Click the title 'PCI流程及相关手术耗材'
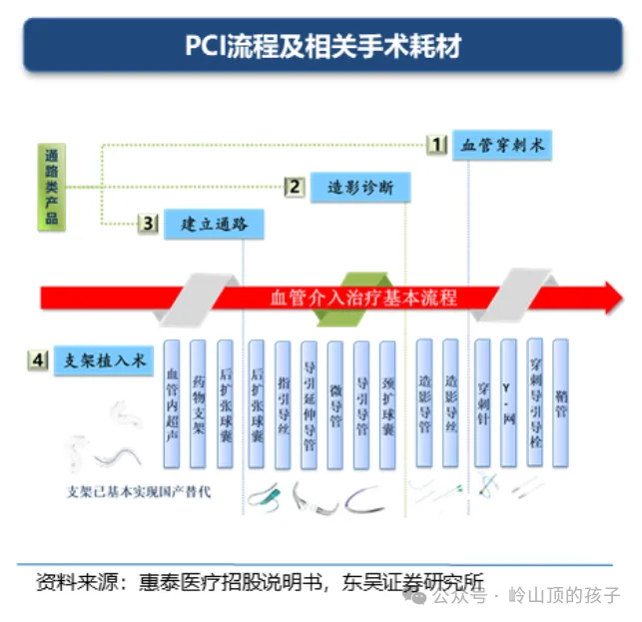coord(321,46)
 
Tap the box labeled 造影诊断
coord(360,186)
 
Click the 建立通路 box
coord(215,224)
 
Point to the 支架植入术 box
coord(105,360)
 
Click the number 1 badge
coord(436,145)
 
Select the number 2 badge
coord(295,186)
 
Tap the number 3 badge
coord(148,225)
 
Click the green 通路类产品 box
coord(52,186)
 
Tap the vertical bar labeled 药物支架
coord(199,403)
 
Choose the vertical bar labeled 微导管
coord(335,403)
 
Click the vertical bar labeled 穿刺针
coord(483,403)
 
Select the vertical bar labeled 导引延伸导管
coord(310,403)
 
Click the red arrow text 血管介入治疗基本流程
coord(363,298)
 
